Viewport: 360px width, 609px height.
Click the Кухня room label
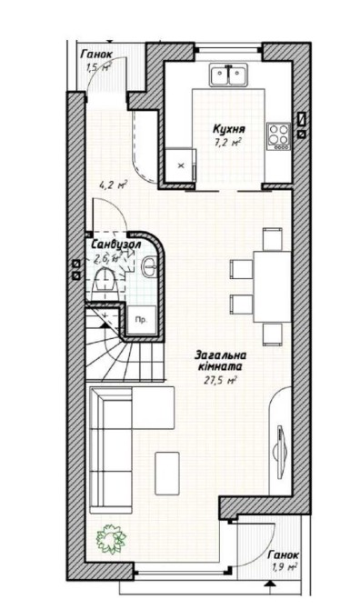tap(229, 129)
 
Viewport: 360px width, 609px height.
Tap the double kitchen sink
tap(228, 75)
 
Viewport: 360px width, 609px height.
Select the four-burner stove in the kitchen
tap(278, 136)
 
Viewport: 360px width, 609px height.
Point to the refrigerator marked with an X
tap(180, 165)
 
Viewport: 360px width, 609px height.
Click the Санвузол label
tap(115, 245)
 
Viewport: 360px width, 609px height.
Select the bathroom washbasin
tap(149, 266)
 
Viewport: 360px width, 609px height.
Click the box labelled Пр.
tap(142, 320)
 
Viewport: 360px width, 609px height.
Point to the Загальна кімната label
tap(220, 361)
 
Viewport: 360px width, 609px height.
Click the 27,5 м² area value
tap(220, 380)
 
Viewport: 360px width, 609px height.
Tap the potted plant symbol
tap(112, 538)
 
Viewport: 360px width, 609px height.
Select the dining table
tap(272, 286)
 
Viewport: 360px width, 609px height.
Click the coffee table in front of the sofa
tap(167, 473)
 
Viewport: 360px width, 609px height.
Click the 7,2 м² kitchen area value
tap(228, 143)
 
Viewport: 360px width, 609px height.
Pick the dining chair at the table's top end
tap(272, 239)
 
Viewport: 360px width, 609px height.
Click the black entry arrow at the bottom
tap(268, 583)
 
